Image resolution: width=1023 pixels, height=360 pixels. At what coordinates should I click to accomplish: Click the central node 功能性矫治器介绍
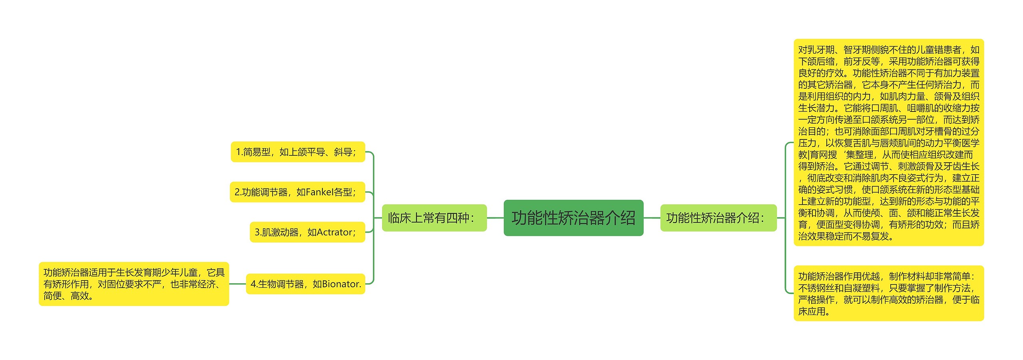click(573, 218)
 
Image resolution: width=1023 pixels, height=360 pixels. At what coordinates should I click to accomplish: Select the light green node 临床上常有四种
click(434, 218)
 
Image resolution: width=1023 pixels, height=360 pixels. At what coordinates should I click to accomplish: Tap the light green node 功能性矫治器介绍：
click(718, 218)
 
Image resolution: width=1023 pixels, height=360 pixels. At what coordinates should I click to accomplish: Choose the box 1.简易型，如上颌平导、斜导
click(298, 152)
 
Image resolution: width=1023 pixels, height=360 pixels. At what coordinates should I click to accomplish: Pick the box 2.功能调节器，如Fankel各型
click(297, 192)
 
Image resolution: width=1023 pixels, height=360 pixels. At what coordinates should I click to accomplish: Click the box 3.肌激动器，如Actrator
click(307, 232)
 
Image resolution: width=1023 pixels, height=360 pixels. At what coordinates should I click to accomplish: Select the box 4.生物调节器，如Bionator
click(305, 284)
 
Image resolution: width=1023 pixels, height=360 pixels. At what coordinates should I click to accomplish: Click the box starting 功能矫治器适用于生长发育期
click(133, 284)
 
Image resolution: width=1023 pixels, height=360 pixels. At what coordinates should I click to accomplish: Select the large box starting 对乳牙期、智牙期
click(888, 143)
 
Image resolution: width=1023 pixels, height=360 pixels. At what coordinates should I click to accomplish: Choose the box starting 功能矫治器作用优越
click(888, 293)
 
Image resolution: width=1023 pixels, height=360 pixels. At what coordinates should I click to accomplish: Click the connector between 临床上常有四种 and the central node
click(495, 218)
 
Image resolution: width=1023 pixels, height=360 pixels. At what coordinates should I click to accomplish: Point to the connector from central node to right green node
click(652, 218)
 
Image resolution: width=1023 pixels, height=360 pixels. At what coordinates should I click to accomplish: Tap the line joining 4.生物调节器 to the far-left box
click(237, 284)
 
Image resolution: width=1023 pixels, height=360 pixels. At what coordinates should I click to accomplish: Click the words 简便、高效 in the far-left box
click(68, 296)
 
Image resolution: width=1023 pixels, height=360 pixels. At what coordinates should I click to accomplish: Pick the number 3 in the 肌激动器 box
click(257, 232)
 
